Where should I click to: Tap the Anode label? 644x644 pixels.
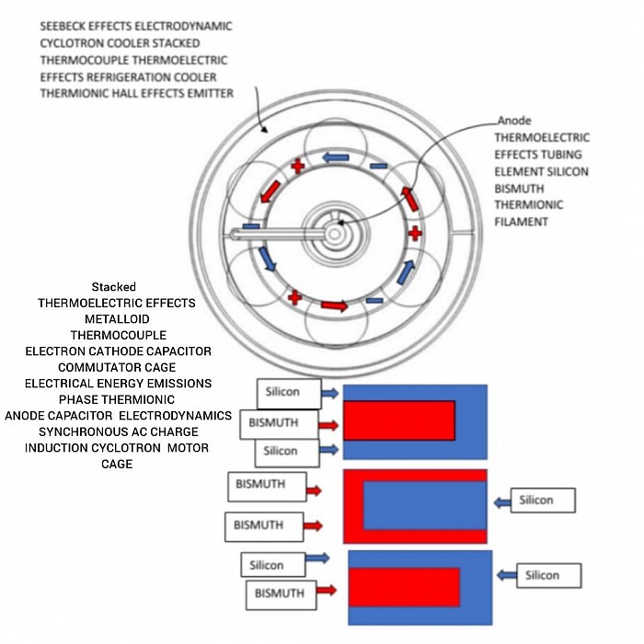[514, 121]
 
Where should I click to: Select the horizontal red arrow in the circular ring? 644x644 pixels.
[334, 305]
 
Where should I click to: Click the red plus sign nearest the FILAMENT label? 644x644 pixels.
[415, 234]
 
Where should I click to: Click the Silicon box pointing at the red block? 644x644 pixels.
[543, 500]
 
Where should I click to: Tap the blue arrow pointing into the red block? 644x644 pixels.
[501, 502]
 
